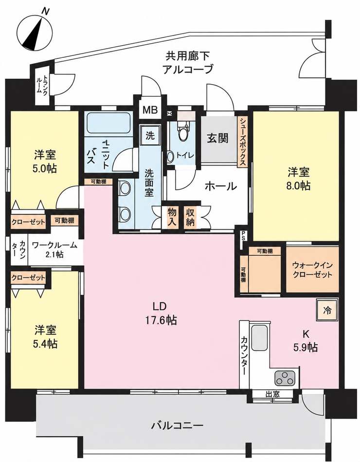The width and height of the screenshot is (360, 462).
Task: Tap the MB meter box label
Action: [150, 110]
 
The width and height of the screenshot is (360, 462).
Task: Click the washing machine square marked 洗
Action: [150, 136]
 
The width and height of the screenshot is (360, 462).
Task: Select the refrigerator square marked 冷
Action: [327, 310]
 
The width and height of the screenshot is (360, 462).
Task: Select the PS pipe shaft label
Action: [244, 236]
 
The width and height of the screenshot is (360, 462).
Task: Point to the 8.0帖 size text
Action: [299, 186]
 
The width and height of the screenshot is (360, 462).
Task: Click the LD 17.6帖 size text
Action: [160, 320]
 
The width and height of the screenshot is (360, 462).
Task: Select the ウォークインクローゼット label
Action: [312, 270]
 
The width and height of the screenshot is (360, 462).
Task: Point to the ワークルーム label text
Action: [54, 245]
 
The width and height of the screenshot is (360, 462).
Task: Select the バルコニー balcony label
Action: [178, 425]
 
